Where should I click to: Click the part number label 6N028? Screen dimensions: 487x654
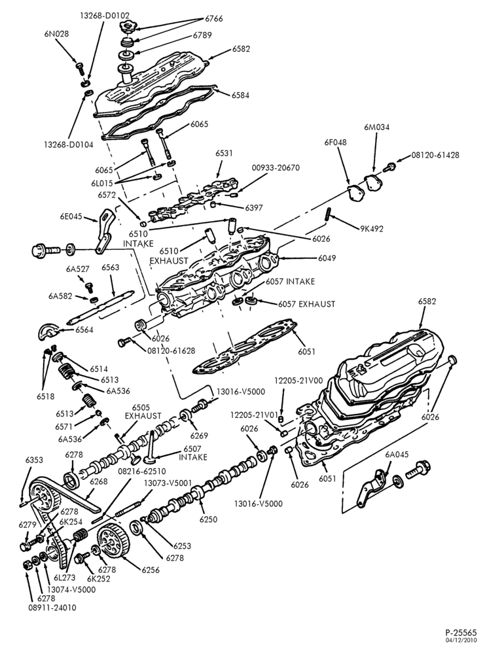click(x=56, y=34)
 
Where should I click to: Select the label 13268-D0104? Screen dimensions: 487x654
click(x=68, y=145)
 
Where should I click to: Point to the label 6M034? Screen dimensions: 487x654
click(x=376, y=128)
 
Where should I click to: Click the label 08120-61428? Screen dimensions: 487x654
click(x=435, y=155)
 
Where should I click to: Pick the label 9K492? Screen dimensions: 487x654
click(x=371, y=228)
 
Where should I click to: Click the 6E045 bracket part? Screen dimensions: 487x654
click(x=103, y=232)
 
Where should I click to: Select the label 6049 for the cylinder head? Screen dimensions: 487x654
click(x=327, y=258)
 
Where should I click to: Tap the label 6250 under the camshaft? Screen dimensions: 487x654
click(x=207, y=519)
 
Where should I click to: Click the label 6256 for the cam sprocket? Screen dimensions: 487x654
click(x=151, y=570)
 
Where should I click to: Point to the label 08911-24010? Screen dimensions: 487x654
click(x=52, y=608)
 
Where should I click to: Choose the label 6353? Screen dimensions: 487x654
click(x=34, y=460)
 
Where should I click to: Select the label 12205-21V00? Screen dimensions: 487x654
click(x=298, y=381)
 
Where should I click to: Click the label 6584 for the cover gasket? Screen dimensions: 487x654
click(x=240, y=95)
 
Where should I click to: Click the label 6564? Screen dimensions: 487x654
click(x=84, y=330)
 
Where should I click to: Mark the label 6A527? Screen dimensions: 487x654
click(x=77, y=269)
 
